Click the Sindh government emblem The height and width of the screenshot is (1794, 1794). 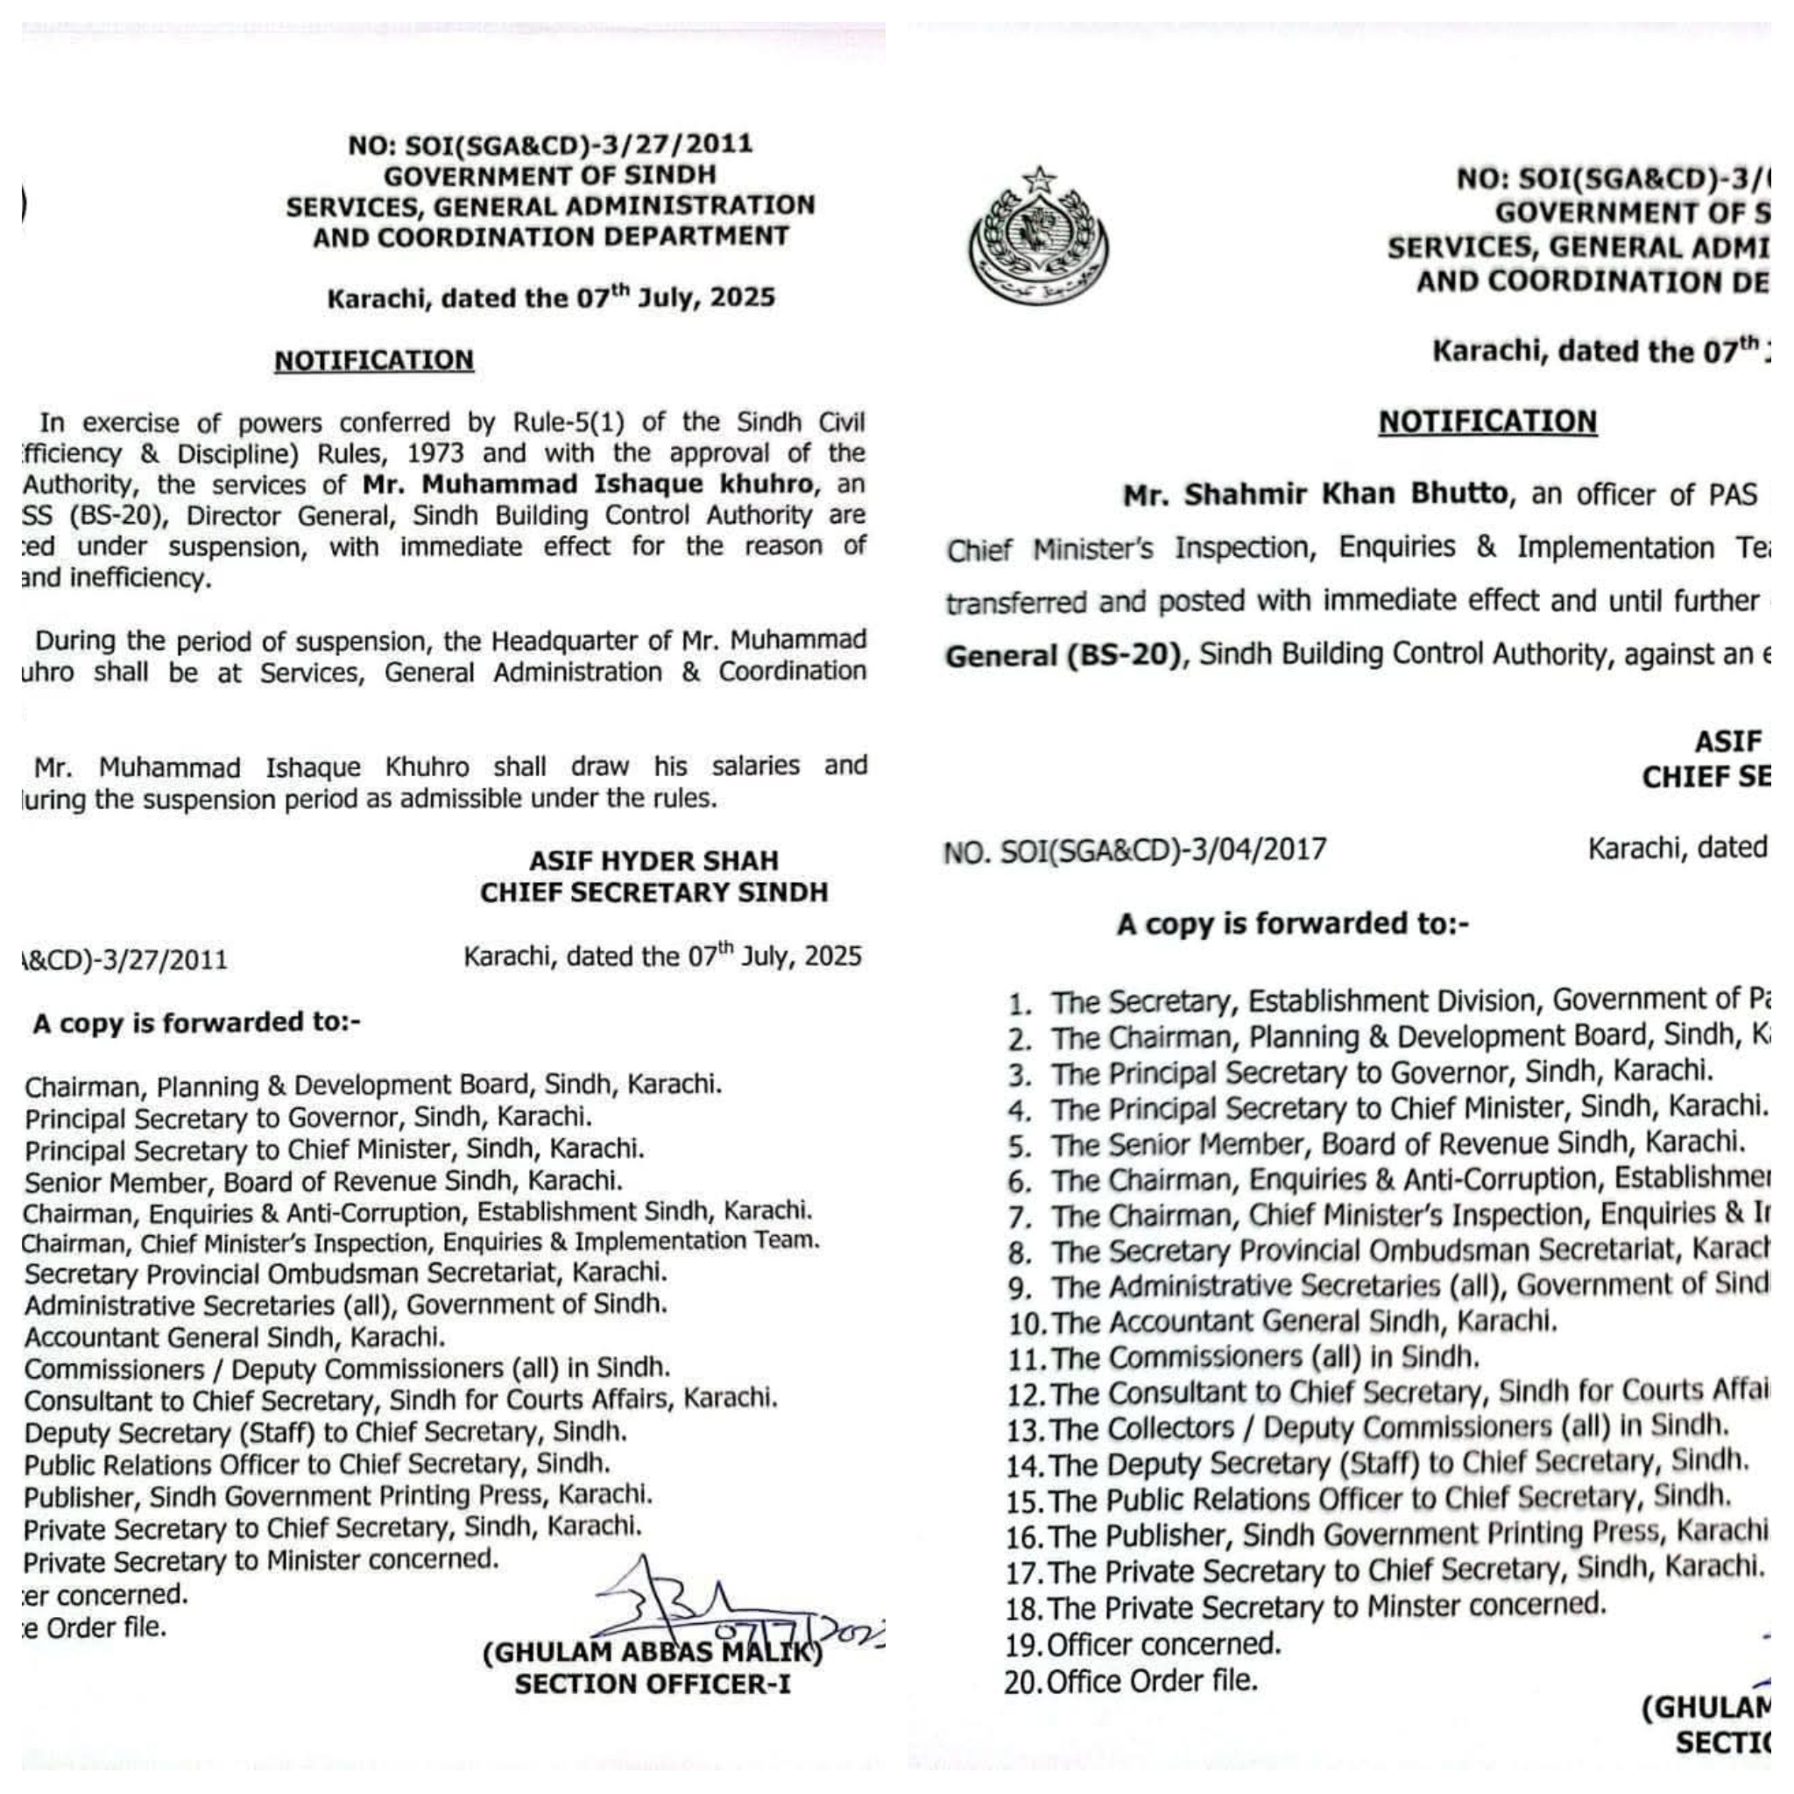(x=1038, y=238)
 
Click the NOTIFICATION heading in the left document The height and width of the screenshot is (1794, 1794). (x=373, y=360)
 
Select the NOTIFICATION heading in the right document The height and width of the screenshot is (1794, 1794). (x=1487, y=421)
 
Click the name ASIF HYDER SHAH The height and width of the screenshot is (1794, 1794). (x=653, y=861)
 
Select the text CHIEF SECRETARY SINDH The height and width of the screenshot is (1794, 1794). (x=653, y=893)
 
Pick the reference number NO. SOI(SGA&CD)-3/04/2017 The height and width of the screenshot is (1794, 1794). (x=1134, y=850)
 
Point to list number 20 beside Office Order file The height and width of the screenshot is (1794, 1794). (x=1023, y=1682)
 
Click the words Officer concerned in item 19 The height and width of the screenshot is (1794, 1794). (x=1164, y=1644)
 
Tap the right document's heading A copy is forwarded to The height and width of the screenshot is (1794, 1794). (x=1293, y=924)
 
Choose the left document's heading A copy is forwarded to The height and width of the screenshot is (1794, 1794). (x=197, y=1022)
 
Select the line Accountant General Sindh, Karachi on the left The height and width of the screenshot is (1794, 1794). (x=235, y=1337)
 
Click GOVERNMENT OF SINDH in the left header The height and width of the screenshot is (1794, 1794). (x=550, y=175)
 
